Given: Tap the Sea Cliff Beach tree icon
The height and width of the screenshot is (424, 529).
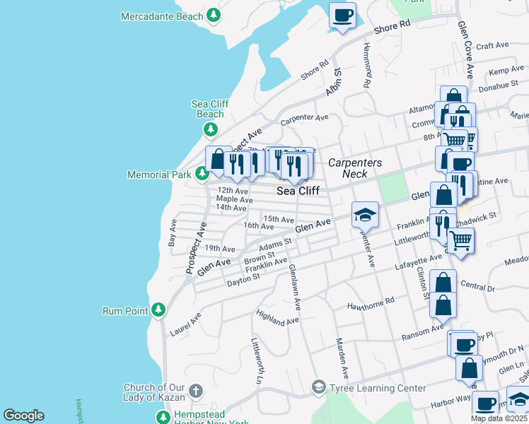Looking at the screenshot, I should (210, 129).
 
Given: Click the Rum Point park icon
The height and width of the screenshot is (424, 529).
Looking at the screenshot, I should (159, 310).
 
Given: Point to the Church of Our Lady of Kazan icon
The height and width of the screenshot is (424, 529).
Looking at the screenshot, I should (196, 391).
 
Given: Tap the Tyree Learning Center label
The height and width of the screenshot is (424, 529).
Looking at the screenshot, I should (378, 388).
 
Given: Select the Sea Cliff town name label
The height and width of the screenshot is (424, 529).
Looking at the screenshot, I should (298, 191).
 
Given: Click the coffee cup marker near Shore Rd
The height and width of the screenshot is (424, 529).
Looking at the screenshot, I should (343, 15).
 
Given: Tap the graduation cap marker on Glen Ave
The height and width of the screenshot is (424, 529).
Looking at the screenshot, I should (366, 214).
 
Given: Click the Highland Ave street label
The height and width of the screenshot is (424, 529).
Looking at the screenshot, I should (277, 317).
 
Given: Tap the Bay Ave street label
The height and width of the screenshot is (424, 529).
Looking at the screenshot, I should (173, 232).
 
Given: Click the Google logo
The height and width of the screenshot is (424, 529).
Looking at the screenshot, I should (23, 416).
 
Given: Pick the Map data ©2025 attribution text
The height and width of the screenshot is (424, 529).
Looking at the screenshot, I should (499, 418).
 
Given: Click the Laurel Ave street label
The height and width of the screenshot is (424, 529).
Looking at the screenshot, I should (185, 325).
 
